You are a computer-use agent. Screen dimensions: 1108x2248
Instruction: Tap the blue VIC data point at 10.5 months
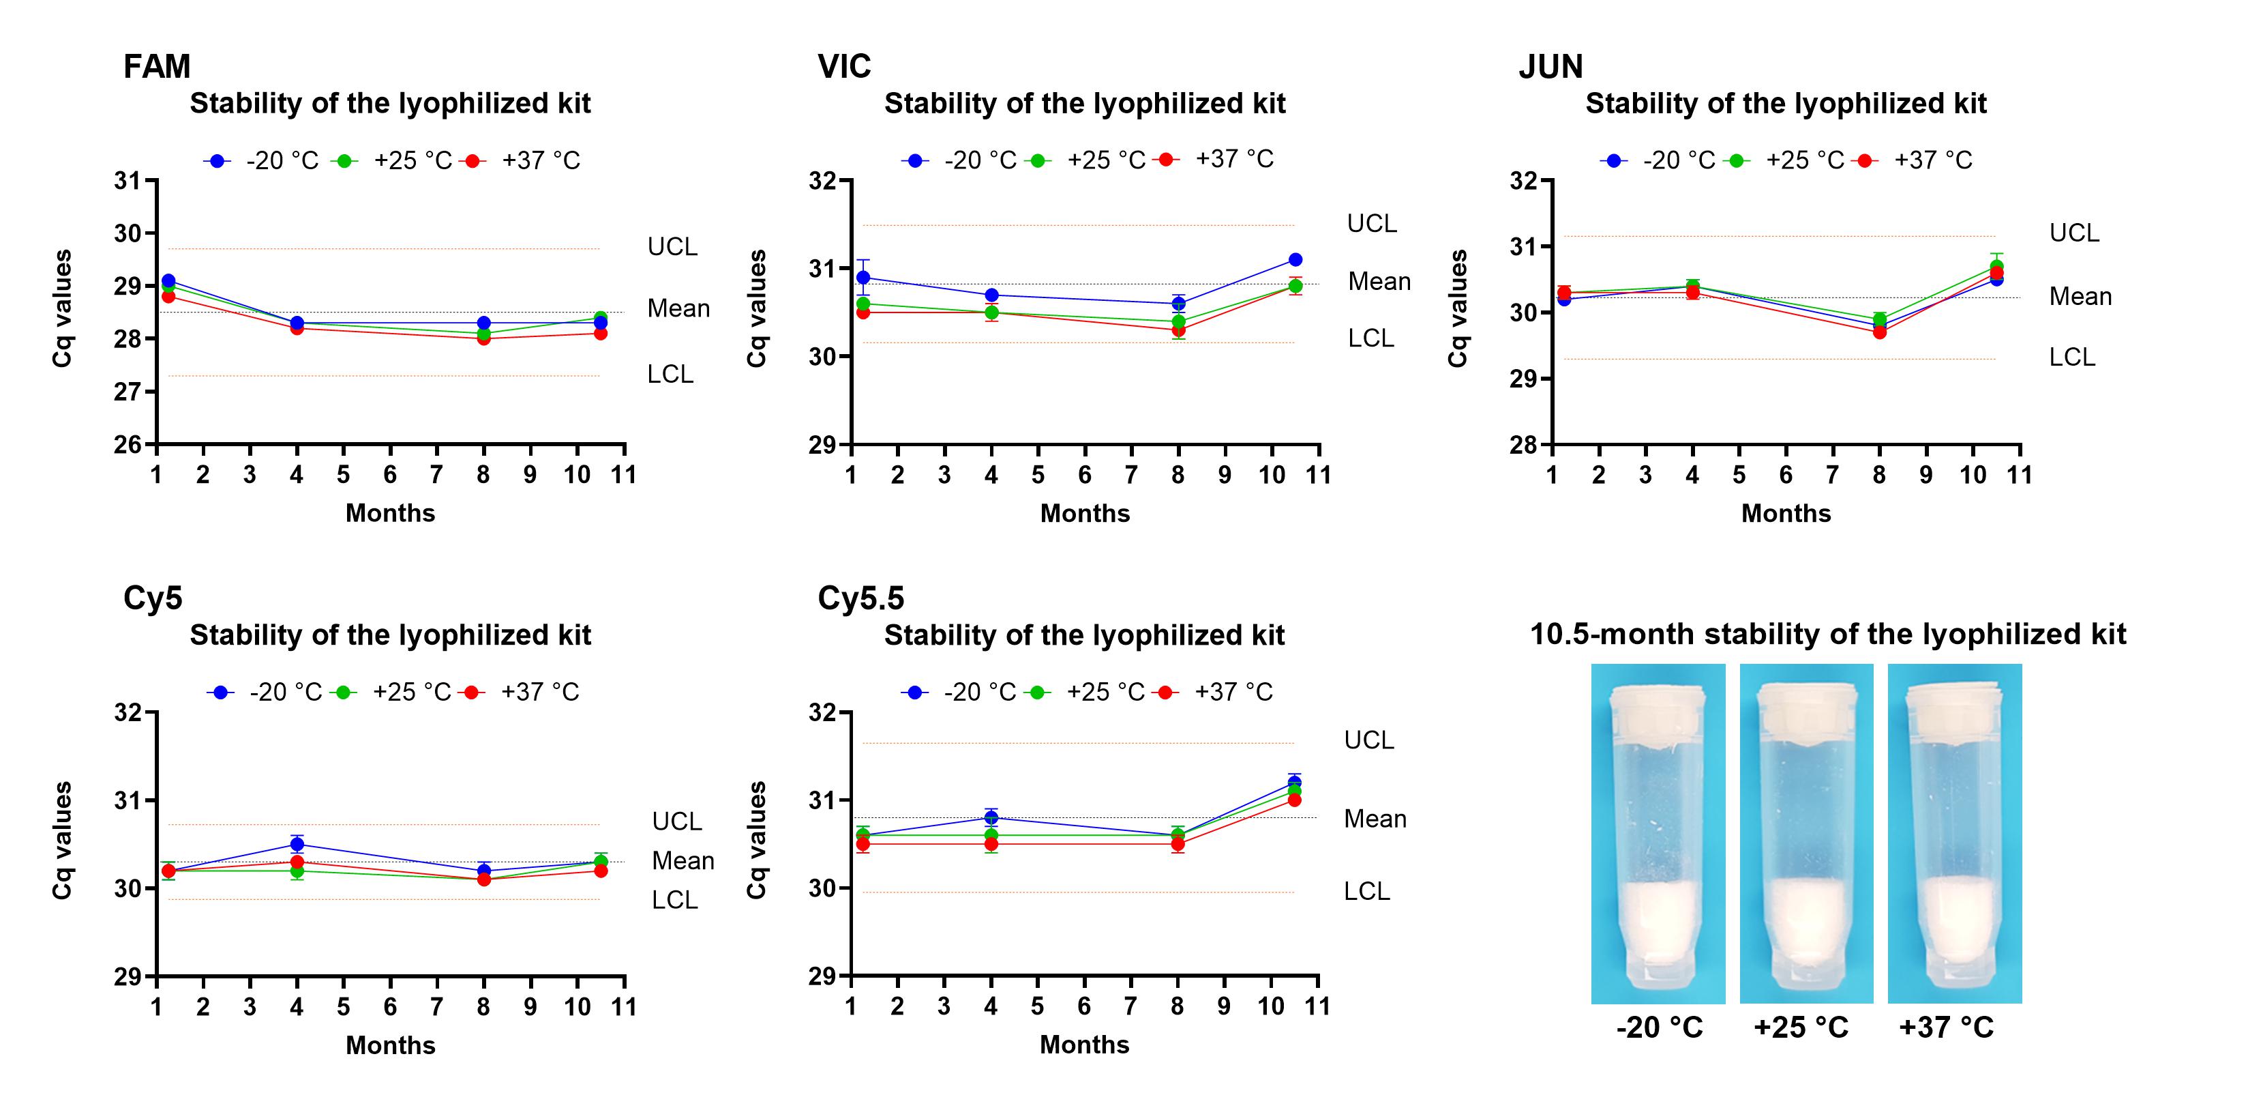[x=1295, y=259]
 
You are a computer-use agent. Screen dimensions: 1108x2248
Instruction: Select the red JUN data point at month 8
[x=1880, y=332]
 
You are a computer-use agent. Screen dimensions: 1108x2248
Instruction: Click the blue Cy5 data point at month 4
[x=297, y=845]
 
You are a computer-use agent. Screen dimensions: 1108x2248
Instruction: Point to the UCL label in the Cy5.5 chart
[x=1368, y=740]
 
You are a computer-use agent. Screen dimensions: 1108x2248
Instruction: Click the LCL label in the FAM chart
[x=670, y=375]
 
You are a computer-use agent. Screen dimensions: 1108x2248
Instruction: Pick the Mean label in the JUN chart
[x=2080, y=297]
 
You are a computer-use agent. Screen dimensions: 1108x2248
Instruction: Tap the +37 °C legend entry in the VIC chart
[x=1233, y=159]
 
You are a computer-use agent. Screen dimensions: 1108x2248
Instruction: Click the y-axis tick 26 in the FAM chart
[x=128, y=444]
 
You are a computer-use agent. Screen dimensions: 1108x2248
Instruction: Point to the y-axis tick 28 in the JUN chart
[x=1524, y=444]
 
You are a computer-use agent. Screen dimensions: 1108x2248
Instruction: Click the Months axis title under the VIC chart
[x=1085, y=513]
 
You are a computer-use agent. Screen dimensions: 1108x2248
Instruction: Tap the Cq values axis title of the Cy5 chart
[x=62, y=840]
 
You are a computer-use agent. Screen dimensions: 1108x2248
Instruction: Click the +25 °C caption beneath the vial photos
[x=1801, y=1027]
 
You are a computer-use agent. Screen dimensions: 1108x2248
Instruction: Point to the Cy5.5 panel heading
[x=860, y=599]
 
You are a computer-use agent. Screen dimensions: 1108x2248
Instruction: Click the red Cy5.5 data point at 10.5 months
[x=1294, y=800]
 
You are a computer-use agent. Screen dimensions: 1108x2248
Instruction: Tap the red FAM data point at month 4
[x=297, y=328]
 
